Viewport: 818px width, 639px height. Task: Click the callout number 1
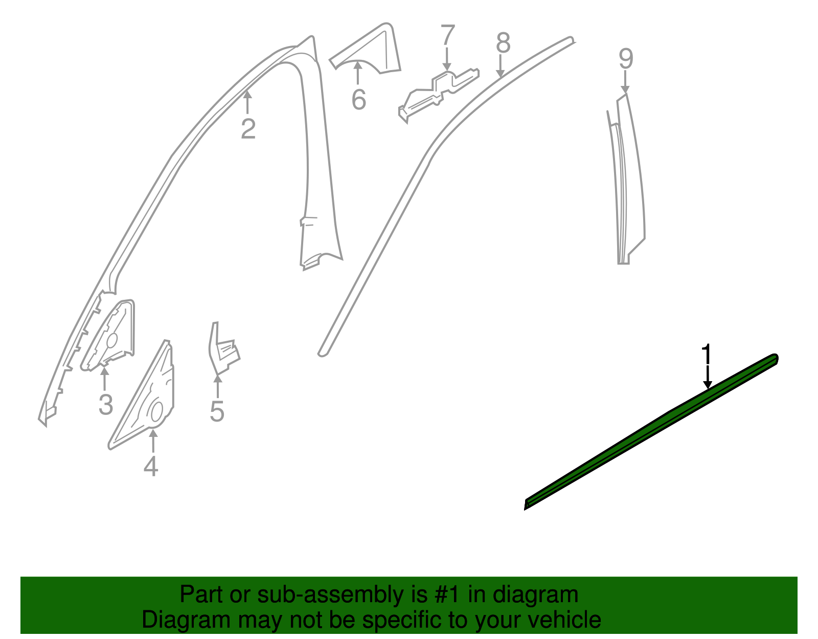pos(707,355)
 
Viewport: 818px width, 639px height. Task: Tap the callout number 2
pos(248,128)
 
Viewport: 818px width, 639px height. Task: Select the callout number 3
pos(105,405)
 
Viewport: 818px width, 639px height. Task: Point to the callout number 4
pos(151,466)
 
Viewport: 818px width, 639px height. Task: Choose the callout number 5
pos(217,411)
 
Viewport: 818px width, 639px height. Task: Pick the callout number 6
pos(358,99)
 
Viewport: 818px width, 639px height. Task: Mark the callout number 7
pos(447,36)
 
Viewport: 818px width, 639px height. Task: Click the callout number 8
pos(503,43)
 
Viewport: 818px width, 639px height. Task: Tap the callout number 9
pos(626,59)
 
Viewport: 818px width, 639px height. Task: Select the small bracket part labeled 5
pos(223,350)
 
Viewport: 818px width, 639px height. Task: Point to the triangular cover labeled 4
pos(148,399)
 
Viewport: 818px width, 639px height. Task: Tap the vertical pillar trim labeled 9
pos(630,179)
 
